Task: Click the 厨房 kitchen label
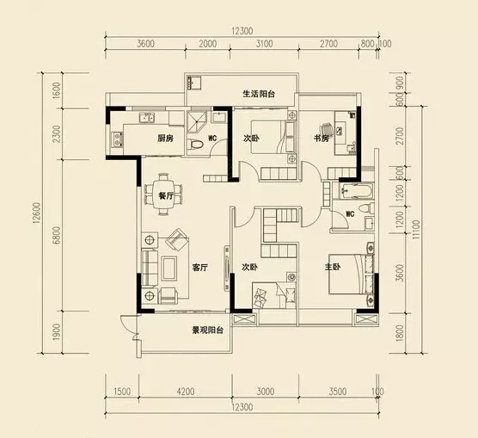[x=165, y=139]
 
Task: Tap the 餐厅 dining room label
[x=166, y=196]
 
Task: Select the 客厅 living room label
[x=200, y=268]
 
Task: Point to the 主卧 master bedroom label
[x=333, y=267]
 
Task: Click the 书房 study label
[x=322, y=139]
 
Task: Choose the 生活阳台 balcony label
[x=259, y=94]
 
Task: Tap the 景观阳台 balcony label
[x=208, y=330]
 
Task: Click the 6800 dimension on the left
[x=57, y=235]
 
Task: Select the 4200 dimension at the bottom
[x=186, y=392]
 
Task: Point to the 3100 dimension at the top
[x=264, y=44]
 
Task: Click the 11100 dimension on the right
[x=417, y=230]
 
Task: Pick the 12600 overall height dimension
[x=37, y=213]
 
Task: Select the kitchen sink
[x=147, y=118]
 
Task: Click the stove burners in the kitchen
[x=117, y=139]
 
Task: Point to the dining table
[x=162, y=194]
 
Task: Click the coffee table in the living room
[x=169, y=268]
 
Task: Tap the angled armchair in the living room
[x=176, y=238]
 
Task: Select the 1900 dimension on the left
[x=57, y=332]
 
